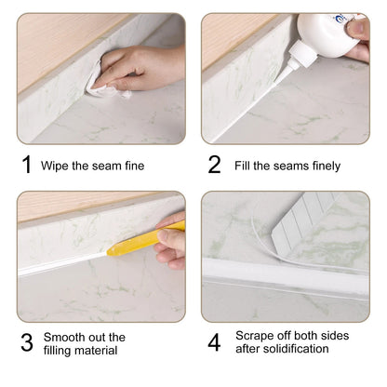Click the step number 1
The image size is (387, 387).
[x=26, y=165]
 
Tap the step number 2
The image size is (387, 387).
[x=214, y=165]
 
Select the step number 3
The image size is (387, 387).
[x=26, y=342]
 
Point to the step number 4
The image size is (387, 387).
[x=214, y=342]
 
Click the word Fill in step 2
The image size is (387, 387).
[x=243, y=167]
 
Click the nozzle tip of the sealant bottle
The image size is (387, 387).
[x=289, y=71]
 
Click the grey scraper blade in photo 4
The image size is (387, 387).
[x=312, y=223]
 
